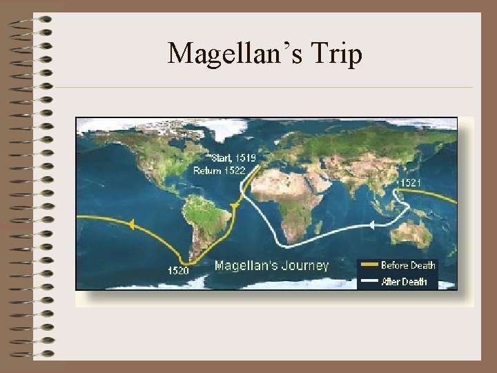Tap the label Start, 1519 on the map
click(x=233, y=158)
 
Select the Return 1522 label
click(x=219, y=170)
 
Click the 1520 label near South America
click(x=178, y=270)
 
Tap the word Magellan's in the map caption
click(x=241, y=265)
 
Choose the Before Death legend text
click(x=408, y=265)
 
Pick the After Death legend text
click(x=404, y=281)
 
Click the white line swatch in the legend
click(x=369, y=282)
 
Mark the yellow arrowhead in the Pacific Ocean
click(x=128, y=223)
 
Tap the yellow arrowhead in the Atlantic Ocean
click(x=235, y=206)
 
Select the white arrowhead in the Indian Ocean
click(x=371, y=225)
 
